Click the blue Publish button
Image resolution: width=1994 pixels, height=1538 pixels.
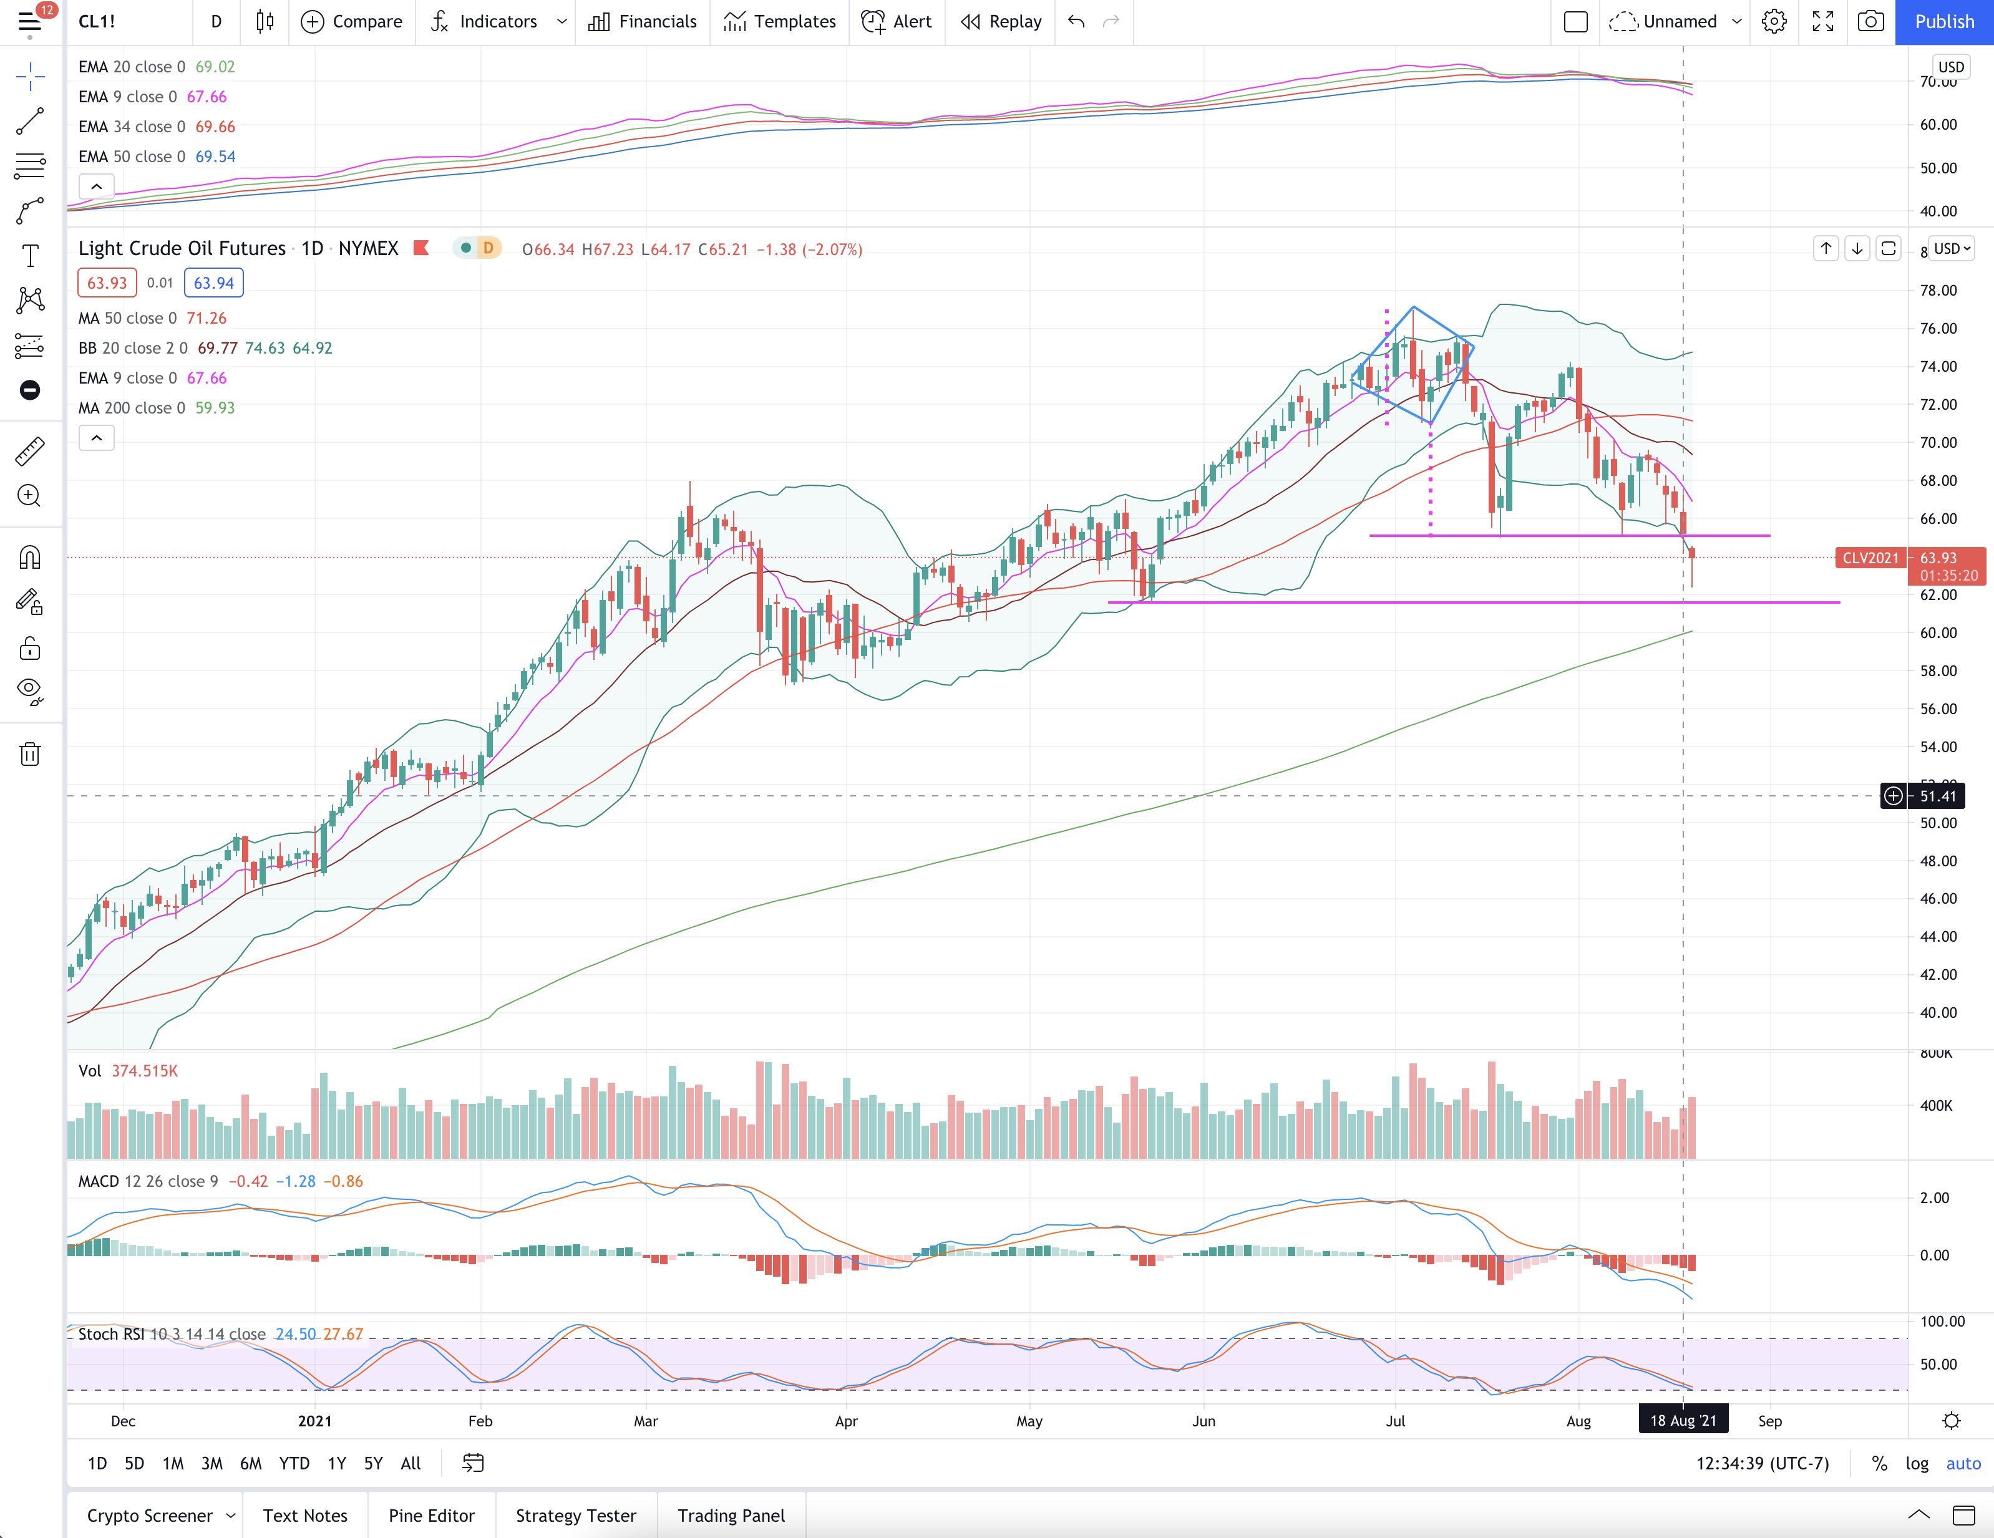(x=1944, y=22)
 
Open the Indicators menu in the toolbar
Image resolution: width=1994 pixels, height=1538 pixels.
(x=498, y=22)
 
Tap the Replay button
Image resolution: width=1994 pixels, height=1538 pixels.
(x=1001, y=22)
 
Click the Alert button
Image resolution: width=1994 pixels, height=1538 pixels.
(x=897, y=22)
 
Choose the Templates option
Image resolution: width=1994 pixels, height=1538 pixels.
(x=780, y=22)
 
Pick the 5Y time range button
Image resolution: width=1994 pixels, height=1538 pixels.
(x=374, y=1463)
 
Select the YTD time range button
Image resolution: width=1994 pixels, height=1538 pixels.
(x=294, y=1463)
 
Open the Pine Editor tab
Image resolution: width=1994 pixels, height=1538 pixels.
(x=432, y=1515)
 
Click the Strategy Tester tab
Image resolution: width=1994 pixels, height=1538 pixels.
(x=576, y=1515)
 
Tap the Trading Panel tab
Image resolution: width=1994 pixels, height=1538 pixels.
(x=731, y=1515)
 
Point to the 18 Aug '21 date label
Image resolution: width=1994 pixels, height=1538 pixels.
(x=1683, y=1420)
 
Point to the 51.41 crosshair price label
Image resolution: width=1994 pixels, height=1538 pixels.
(x=1937, y=796)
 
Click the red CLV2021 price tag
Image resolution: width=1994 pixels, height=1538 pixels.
(x=1870, y=558)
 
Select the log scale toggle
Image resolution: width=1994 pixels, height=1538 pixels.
(x=1917, y=1463)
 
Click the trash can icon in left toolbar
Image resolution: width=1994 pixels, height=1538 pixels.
(x=30, y=754)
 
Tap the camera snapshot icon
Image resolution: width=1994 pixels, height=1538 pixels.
(x=1870, y=22)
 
